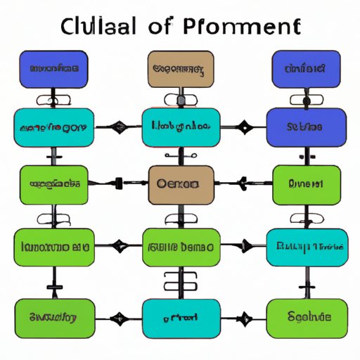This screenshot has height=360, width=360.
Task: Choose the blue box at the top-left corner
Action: click(x=54, y=69)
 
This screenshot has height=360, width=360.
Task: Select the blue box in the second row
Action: click(x=306, y=127)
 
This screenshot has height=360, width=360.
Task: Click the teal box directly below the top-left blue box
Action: click(x=54, y=127)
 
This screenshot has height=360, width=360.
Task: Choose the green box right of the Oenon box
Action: click(x=305, y=184)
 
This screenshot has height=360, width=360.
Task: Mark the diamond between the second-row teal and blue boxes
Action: click(x=243, y=128)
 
